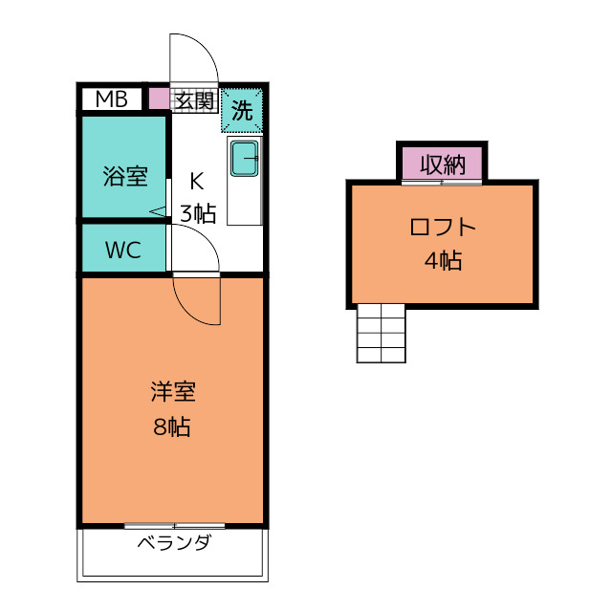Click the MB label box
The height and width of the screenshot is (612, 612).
point(111,98)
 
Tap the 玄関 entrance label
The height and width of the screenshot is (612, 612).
point(193,99)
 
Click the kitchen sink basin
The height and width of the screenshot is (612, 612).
point(245,159)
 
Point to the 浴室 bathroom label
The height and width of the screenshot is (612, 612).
point(124,176)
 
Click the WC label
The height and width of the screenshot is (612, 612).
point(123,251)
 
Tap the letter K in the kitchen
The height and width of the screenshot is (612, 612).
point(196,180)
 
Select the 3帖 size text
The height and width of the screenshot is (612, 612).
point(198,213)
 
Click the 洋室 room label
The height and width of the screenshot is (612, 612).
point(172,393)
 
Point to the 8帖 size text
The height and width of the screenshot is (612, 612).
point(172,426)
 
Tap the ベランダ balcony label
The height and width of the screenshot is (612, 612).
point(173,545)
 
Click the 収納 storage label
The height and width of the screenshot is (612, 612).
point(442,164)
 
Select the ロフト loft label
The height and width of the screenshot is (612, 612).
point(442,228)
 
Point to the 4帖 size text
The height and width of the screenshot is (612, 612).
point(442,260)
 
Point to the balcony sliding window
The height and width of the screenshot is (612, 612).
point(174,526)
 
